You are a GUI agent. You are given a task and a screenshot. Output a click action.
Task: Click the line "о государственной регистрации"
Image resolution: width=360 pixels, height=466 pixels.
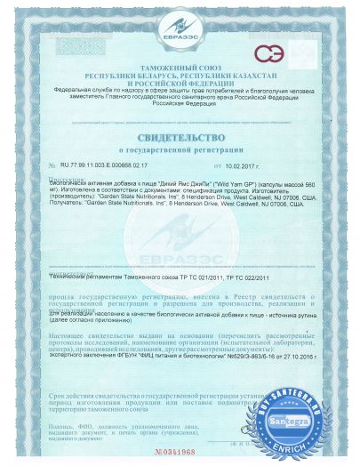coord(180,152)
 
